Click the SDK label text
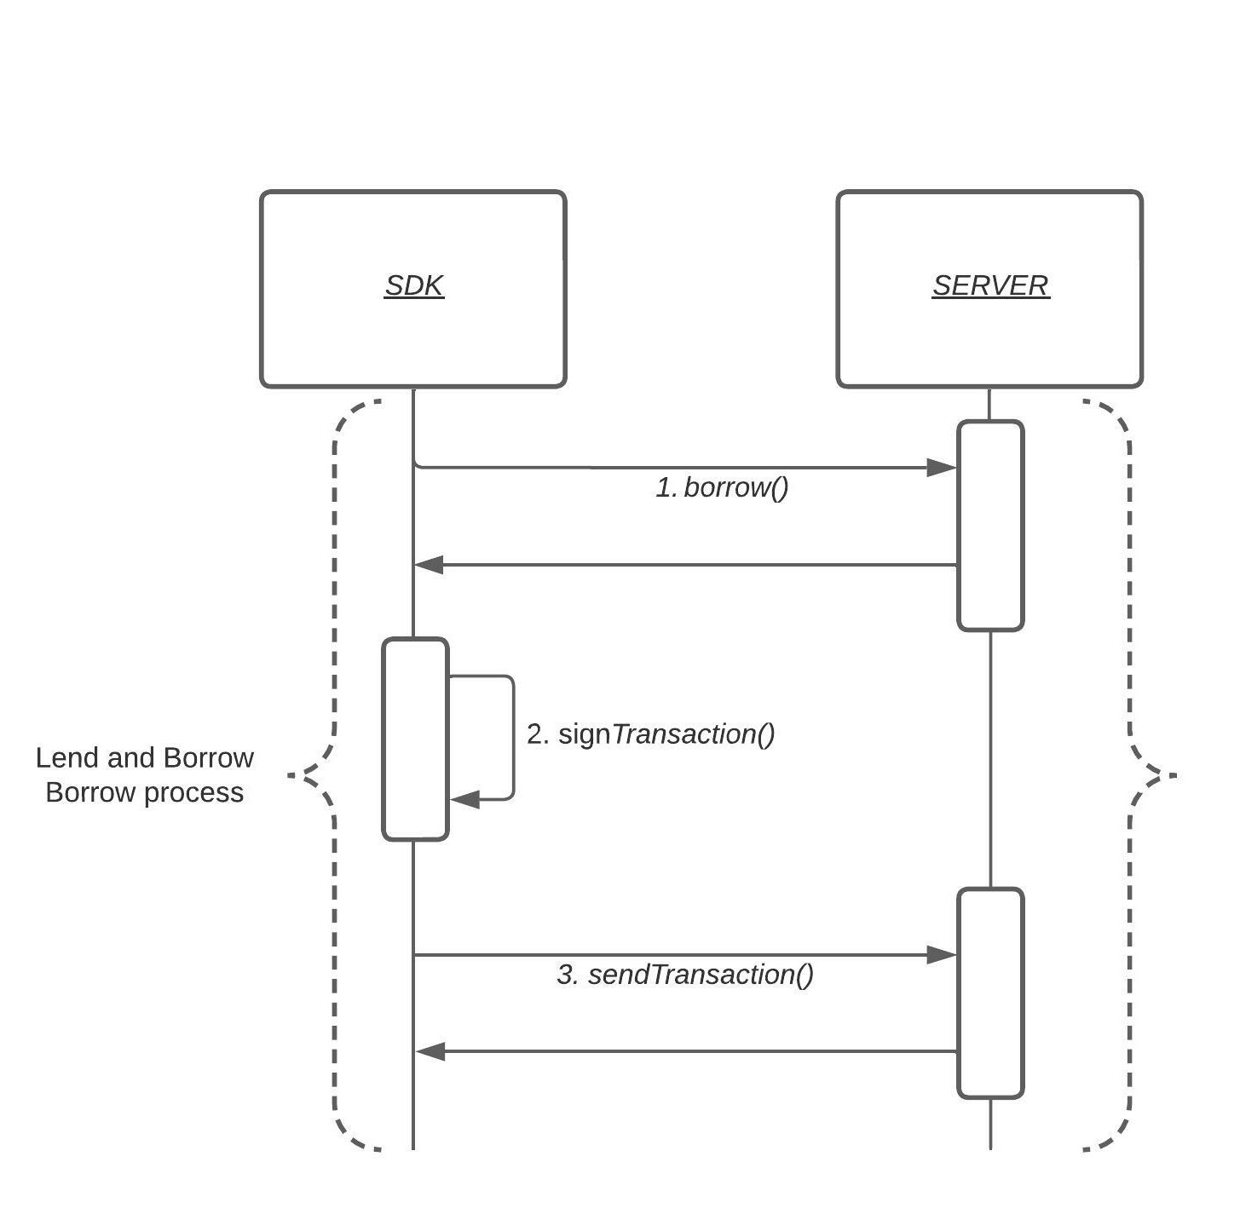(x=414, y=285)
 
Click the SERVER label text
(x=990, y=285)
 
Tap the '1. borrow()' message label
(x=722, y=487)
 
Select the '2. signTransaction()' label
(x=650, y=734)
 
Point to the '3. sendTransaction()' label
(x=685, y=975)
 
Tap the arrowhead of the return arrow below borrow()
(x=429, y=565)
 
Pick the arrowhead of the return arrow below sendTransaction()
(x=430, y=1052)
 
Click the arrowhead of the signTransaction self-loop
(x=464, y=800)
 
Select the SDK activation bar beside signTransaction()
(x=415, y=739)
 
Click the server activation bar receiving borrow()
(x=990, y=526)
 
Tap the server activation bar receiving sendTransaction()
(x=990, y=993)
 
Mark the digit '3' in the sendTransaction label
(x=565, y=975)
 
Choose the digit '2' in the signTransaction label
(x=534, y=734)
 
